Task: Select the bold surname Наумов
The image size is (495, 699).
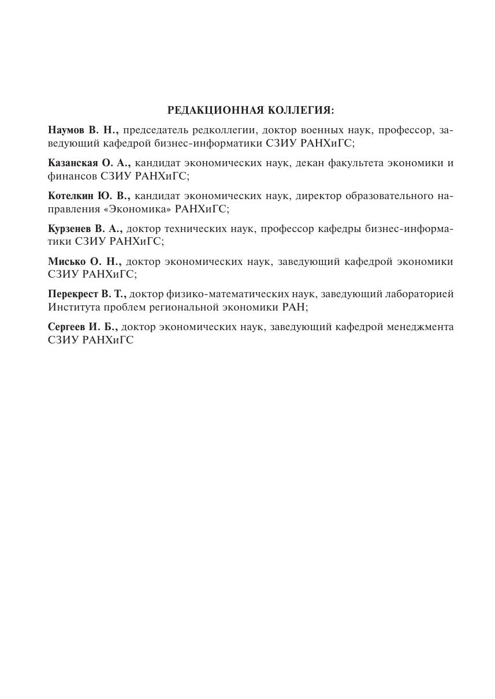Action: click(66, 130)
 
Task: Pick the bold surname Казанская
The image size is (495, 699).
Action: click(73, 163)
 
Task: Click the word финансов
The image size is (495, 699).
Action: click(72, 176)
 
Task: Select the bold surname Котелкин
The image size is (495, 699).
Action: click(72, 196)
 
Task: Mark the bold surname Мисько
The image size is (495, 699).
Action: click(66, 261)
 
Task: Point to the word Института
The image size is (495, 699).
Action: click(74, 307)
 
